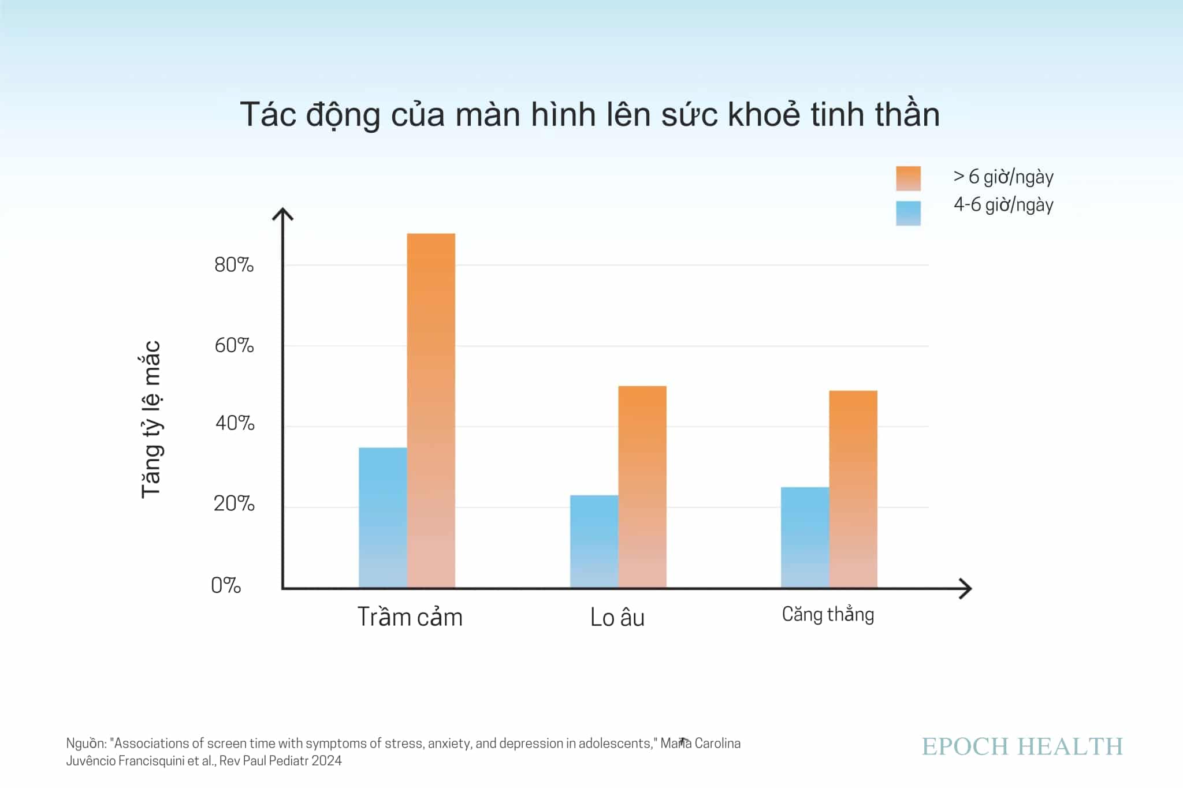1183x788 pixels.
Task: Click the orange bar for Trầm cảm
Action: (x=431, y=410)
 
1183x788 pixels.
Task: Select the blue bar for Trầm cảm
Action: (x=382, y=517)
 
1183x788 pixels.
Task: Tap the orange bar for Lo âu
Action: (x=642, y=486)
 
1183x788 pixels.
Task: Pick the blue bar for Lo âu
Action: (x=594, y=541)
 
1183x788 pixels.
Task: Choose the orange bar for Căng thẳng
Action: (x=853, y=488)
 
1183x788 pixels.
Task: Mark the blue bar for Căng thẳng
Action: (x=805, y=537)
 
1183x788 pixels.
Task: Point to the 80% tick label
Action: (x=234, y=265)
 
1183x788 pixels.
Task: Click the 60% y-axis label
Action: (x=234, y=346)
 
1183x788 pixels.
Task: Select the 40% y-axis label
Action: (x=235, y=423)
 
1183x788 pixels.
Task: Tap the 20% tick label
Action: (x=234, y=504)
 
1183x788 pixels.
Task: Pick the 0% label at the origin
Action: (x=226, y=585)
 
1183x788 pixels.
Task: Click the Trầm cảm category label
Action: (x=410, y=617)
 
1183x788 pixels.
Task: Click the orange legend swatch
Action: (x=908, y=178)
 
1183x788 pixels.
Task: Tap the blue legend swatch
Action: (x=908, y=213)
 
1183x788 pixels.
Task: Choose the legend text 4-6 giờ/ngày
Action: (x=1003, y=205)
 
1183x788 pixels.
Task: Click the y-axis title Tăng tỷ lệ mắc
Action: (x=151, y=419)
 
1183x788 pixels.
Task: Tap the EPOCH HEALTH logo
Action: (x=1022, y=746)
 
